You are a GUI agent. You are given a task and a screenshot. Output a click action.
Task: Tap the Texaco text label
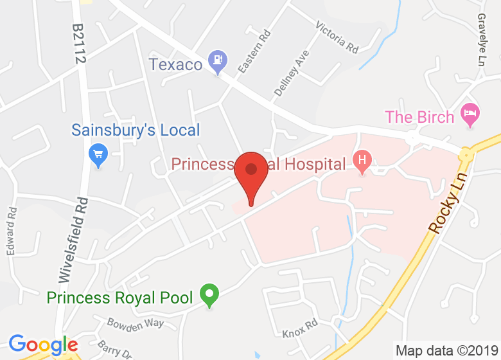[176, 64]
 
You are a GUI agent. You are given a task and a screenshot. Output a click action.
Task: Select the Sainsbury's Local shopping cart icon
[98, 154]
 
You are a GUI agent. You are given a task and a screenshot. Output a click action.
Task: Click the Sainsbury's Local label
[136, 130]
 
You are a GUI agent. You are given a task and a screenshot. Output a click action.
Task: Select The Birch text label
[419, 117]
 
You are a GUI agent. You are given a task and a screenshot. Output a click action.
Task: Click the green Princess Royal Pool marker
[208, 296]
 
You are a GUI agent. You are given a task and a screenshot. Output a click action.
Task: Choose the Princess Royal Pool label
[119, 298]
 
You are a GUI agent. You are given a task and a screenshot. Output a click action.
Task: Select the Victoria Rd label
[337, 37]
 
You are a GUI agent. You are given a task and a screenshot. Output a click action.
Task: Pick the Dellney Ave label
[288, 73]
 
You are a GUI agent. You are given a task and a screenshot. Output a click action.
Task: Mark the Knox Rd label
[300, 328]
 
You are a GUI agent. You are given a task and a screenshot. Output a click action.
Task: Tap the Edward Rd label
[12, 231]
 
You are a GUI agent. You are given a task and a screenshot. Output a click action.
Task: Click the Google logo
[42, 345]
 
